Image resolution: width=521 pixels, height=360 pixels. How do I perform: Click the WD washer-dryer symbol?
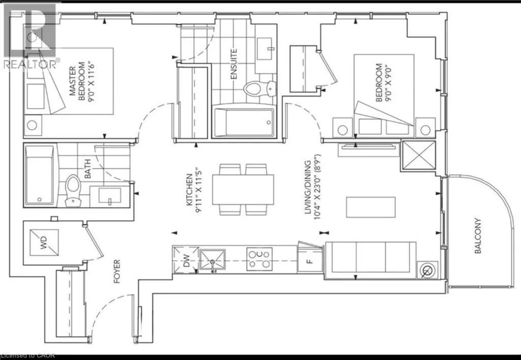pos(44,243)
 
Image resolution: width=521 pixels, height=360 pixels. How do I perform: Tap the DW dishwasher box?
pos(186,260)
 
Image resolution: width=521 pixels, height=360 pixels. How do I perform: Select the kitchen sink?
pos(212,261)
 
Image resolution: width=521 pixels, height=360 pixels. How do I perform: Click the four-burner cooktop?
pos(259,259)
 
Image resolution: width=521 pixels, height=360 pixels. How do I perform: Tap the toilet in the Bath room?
pos(73,191)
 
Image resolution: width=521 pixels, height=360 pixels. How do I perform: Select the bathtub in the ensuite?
pos(244,122)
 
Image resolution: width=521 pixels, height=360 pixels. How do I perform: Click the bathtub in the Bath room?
pos(40,175)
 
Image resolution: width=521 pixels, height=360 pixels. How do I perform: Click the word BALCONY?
pos(478,236)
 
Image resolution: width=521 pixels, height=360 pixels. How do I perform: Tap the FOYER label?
pos(117,272)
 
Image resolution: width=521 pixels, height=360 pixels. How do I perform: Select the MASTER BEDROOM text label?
pos(77,81)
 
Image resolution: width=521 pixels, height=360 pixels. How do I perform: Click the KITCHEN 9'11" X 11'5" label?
pos(194,193)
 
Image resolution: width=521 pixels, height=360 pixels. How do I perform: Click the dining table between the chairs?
pos(243,190)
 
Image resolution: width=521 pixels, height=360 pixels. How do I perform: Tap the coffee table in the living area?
pos(371,207)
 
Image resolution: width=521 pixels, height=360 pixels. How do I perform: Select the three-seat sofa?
pos(371,260)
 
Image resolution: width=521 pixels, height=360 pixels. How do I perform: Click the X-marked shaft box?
pos(419,155)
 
